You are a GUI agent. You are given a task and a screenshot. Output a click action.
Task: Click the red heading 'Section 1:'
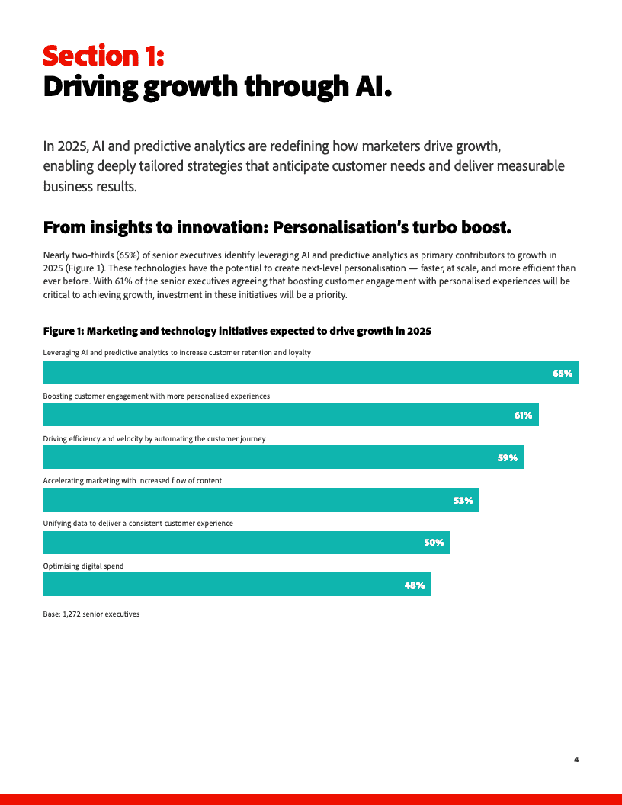[x=104, y=56]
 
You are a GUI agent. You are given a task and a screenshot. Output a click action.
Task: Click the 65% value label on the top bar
[x=563, y=373]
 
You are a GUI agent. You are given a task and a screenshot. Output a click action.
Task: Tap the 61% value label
[x=523, y=415]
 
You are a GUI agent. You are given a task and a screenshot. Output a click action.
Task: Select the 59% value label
[x=508, y=458]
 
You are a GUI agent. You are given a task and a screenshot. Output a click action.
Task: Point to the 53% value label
[x=463, y=501]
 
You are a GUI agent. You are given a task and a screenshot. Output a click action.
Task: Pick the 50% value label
[x=434, y=543]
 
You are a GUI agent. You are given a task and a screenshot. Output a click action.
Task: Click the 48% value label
[x=415, y=585]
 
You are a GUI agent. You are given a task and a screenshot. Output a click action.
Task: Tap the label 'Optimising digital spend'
[x=83, y=566]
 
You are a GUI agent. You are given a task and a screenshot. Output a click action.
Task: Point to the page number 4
[x=576, y=760]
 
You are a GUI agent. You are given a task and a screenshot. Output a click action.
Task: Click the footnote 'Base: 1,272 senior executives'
[x=91, y=614]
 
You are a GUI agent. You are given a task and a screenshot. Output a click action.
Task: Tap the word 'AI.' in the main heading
[x=374, y=87]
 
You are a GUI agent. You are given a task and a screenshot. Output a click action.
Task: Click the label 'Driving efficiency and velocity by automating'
[x=154, y=439]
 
